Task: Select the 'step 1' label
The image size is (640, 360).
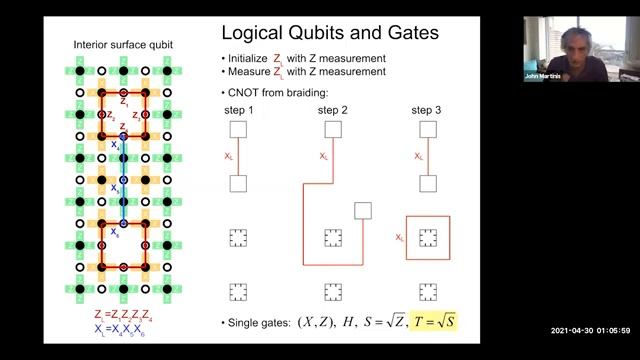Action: pos(238,109)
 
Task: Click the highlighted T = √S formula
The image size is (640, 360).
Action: pos(433,323)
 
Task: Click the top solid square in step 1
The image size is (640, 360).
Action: pos(238,130)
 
